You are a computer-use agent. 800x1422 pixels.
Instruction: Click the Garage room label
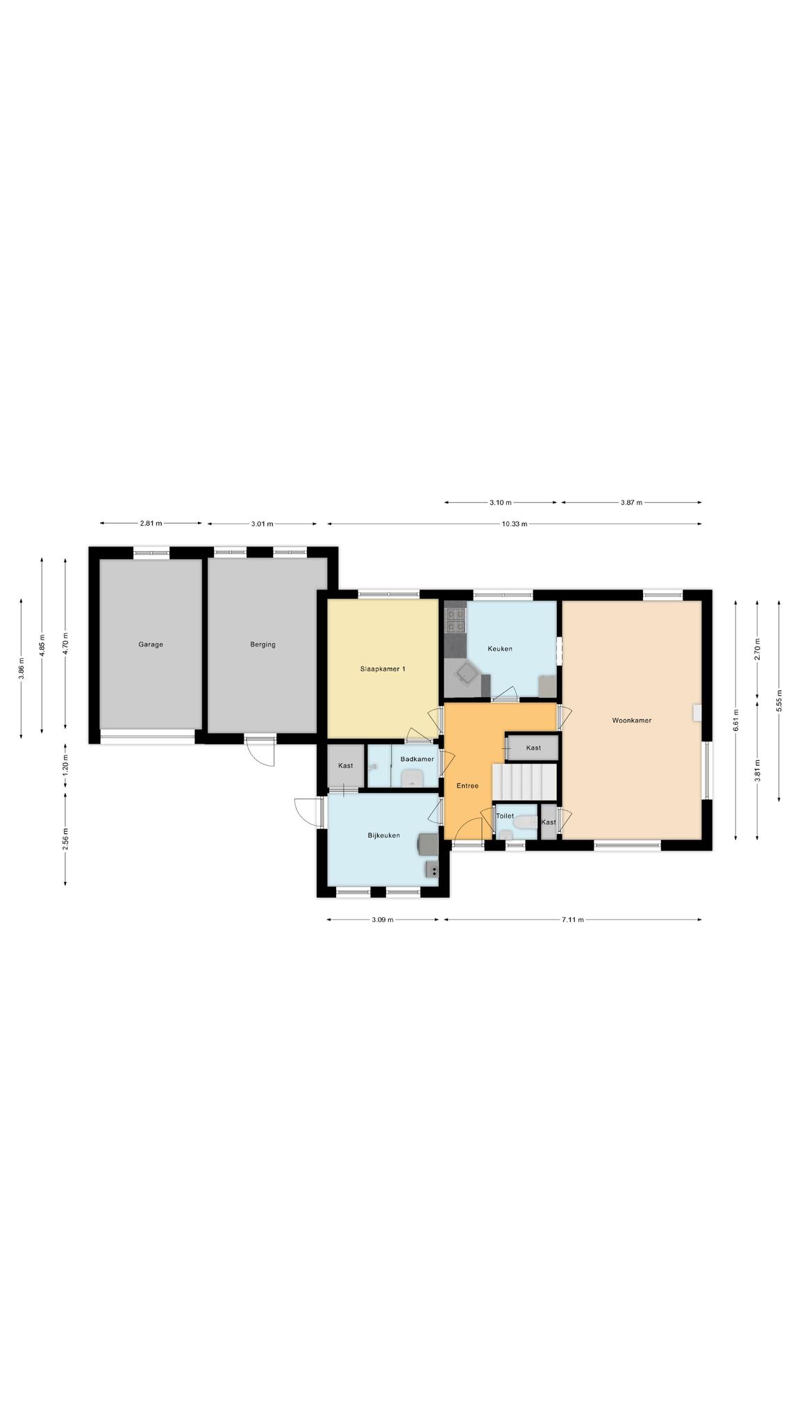tap(151, 644)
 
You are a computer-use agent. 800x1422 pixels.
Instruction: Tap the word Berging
tap(263, 644)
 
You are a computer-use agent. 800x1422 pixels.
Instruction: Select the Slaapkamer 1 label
tap(383, 669)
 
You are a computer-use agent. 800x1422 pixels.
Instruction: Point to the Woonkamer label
tap(632, 721)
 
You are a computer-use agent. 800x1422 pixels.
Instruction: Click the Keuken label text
tap(500, 649)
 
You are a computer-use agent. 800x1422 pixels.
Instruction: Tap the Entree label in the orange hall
tap(467, 786)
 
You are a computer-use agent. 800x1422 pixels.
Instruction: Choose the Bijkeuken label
tap(384, 835)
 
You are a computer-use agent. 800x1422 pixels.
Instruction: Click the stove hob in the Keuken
tap(456, 619)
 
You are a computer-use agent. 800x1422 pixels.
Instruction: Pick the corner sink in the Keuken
tap(465, 672)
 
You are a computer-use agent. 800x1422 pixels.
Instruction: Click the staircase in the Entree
tap(524, 782)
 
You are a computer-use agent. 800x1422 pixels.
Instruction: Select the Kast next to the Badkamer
tap(345, 765)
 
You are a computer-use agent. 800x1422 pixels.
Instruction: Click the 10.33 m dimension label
tap(515, 524)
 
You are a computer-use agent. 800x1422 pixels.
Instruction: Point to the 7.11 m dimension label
tap(573, 920)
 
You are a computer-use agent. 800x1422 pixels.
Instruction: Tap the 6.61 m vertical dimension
tap(736, 721)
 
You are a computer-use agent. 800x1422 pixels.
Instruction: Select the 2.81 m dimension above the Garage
tap(151, 524)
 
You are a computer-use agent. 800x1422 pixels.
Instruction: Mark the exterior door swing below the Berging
tap(260, 750)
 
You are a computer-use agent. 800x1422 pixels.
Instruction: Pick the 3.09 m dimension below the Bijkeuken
tap(382, 920)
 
